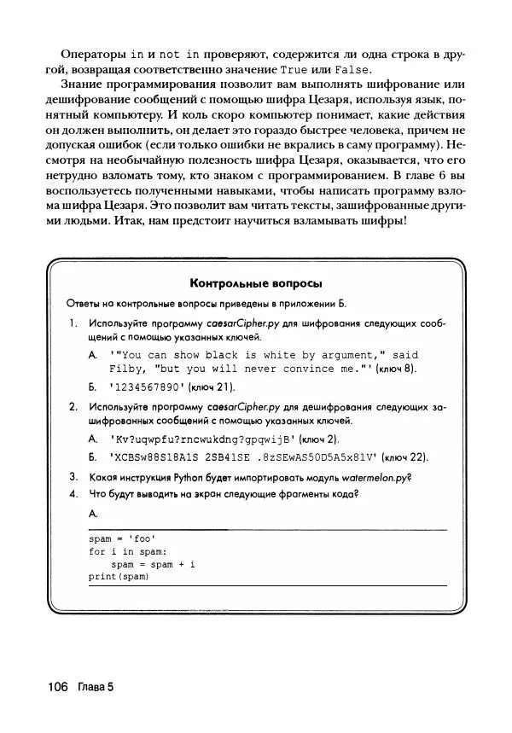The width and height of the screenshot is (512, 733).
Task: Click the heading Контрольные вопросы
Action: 257,283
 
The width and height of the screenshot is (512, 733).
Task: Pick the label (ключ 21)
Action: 218,386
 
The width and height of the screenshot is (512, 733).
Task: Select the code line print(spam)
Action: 119,577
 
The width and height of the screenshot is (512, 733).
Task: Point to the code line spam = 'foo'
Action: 122,538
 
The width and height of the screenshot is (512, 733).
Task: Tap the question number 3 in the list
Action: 73,476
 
